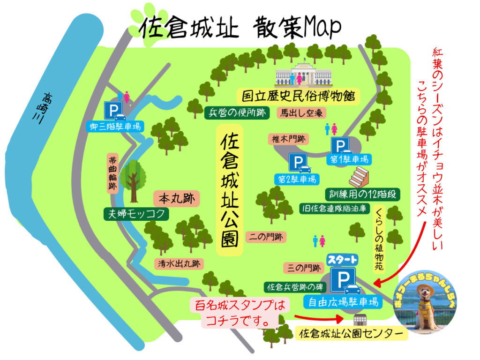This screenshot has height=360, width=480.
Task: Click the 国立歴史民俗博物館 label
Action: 298,97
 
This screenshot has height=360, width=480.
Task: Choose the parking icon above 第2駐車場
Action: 299,164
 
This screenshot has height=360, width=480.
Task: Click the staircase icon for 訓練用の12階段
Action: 360,177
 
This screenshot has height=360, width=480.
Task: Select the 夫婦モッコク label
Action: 136,214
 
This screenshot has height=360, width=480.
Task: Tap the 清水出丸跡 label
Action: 179,263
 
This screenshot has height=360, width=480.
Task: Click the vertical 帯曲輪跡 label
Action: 113,173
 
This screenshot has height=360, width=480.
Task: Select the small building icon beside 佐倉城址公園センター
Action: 360,321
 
